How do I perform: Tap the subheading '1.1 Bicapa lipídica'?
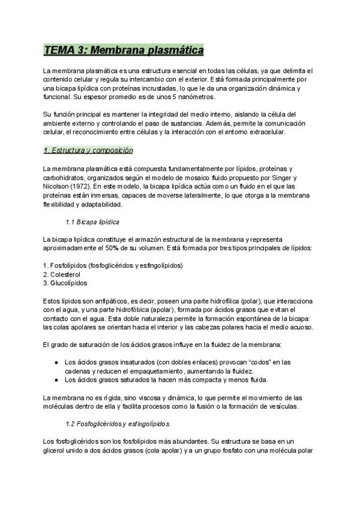tap(91, 221)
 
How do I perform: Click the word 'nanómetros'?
tap(194, 97)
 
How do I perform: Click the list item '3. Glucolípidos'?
tap(65, 282)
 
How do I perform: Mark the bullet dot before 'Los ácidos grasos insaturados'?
tap(56, 362)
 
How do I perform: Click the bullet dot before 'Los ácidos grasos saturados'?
tap(56, 380)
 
